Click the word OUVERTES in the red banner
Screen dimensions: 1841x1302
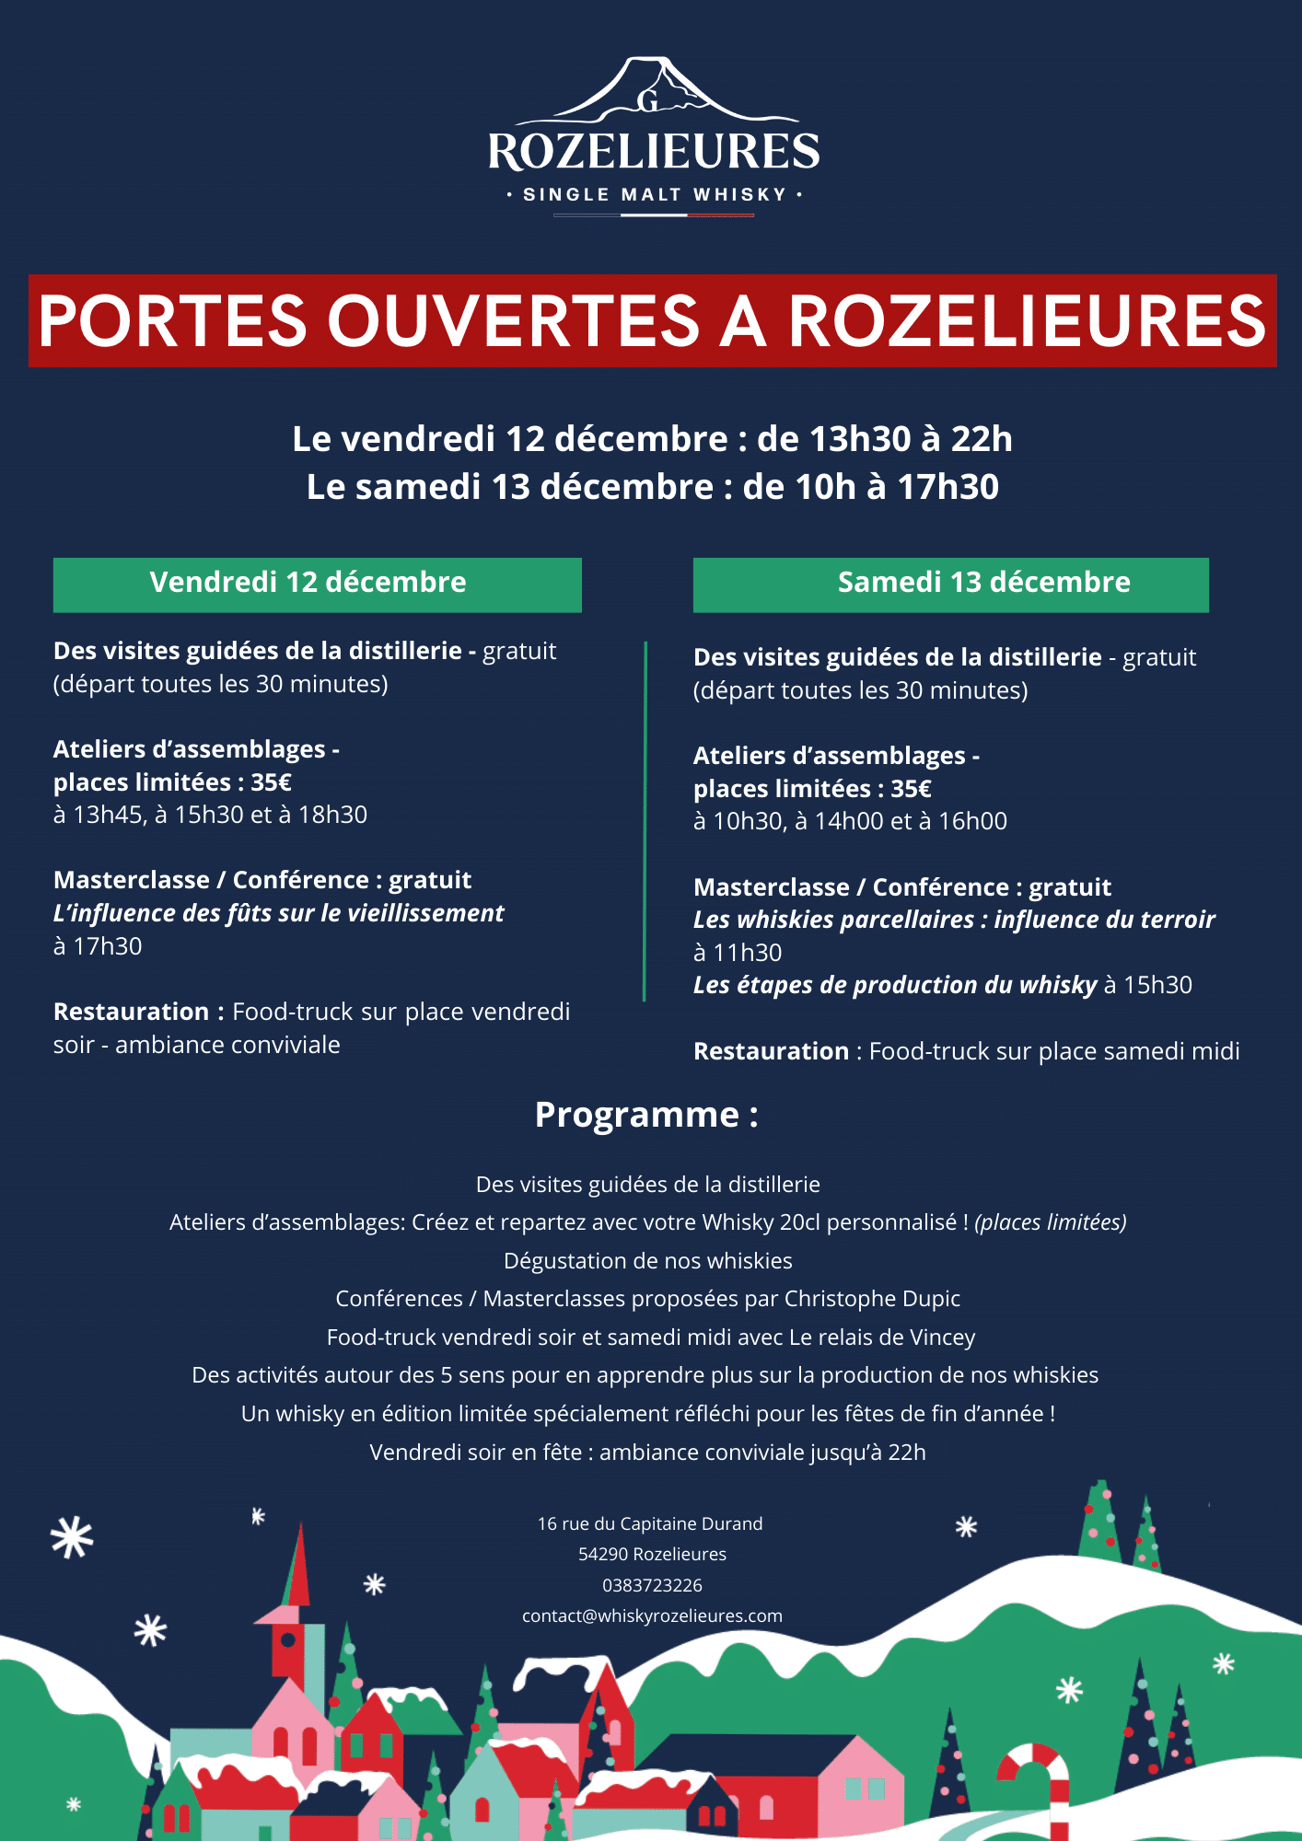tap(514, 321)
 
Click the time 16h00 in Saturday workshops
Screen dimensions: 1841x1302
tap(972, 822)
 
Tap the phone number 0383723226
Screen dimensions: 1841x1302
tap(652, 1585)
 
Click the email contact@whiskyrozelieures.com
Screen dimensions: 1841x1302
tap(652, 1616)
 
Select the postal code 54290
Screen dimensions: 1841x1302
tap(602, 1555)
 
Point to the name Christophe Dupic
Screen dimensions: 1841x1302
tap(872, 1299)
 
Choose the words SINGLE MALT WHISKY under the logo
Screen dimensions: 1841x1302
tap(654, 195)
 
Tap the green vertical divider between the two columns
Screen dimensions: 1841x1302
tap(645, 819)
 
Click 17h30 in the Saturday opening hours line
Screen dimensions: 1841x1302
tap(947, 487)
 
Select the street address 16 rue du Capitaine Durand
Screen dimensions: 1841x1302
tap(650, 1524)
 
